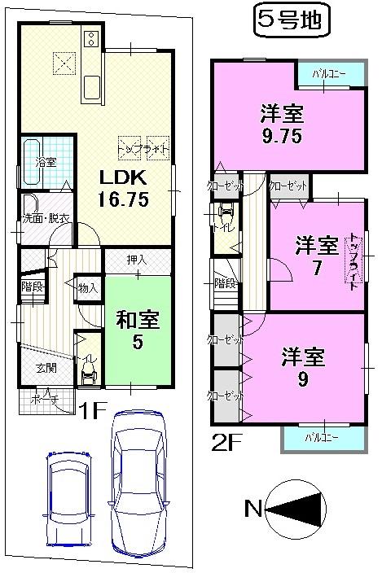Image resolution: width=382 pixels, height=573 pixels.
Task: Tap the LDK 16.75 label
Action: [124, 190]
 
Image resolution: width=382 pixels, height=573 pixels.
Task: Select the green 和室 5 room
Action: [138, 333]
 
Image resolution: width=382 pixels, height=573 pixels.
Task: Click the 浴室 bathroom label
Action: [45, 162]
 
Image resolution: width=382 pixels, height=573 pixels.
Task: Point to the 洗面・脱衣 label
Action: [46, 218]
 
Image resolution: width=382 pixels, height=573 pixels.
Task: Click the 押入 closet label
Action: [137, 260]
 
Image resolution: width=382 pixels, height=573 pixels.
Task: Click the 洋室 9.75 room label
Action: [282, 123]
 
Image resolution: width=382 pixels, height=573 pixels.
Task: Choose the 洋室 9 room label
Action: [303, 366]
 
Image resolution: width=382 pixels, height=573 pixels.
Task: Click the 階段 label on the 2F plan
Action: [225, 283]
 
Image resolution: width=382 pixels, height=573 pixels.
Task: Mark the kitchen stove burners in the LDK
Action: [90, 37]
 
